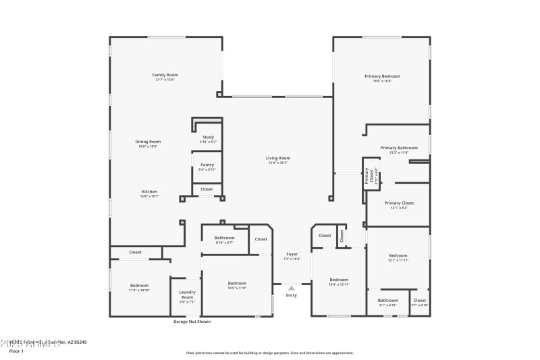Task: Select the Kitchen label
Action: (x=149, y=191)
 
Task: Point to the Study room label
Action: (x=208, y=137)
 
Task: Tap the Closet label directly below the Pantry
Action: (x=207, y=189)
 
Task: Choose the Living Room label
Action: (x=277, y=158)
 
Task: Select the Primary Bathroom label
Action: (x=398, y=147)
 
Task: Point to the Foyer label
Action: (x=292, y=254)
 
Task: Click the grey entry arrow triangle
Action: (x=292, y=288)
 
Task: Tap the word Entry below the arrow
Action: (x=292, y=295)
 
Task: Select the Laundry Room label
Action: (x=187, y=295)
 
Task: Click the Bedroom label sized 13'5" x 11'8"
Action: (x=237, y=283)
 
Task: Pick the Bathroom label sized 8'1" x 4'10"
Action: (x=387, y=300)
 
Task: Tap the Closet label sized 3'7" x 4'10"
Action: (x=419, y=300)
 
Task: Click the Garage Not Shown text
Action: (x=192, y=322)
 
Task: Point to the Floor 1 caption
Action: (x=16, y=351)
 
